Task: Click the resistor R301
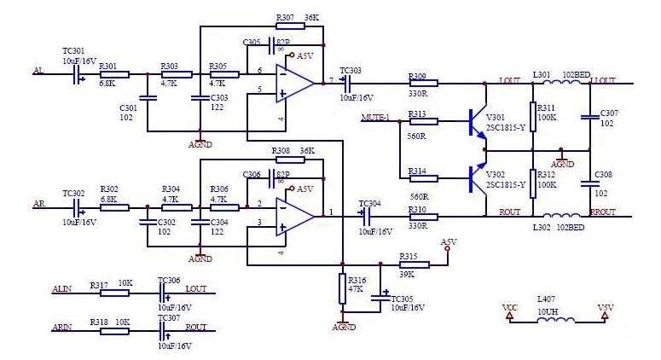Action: (115, 75)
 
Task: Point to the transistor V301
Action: (475, 122)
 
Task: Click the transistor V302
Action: (475, 177)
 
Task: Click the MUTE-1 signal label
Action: (375, 117)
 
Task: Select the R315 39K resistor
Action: (413, 264)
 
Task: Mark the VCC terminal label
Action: (509, 308)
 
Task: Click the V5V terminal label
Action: (605, 308)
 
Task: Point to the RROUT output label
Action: (602, 212)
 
